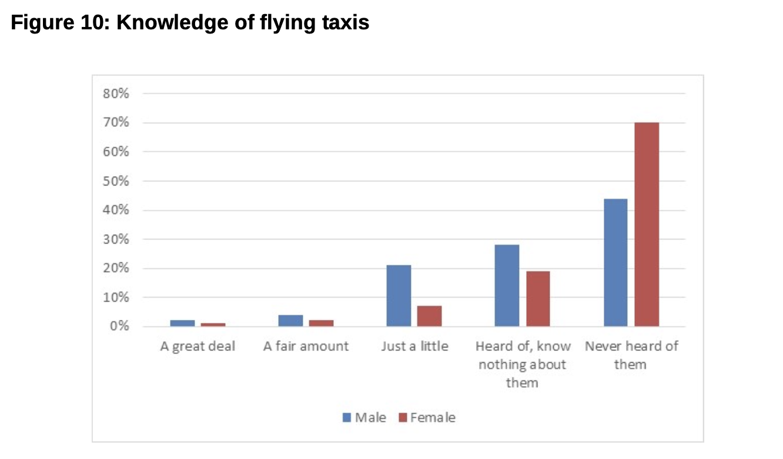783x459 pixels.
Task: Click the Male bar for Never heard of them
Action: coord(615,262)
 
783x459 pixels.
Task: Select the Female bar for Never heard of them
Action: coord(647,224)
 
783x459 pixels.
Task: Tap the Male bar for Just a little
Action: coord(399,296)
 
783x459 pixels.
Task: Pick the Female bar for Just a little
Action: coord(429,316)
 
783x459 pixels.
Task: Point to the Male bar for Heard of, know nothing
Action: coord(507,285)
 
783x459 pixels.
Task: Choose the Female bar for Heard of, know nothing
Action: coord(538,299)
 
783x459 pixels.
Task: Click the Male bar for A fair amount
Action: coord(290,320)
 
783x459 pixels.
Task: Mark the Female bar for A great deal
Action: coord(213,325)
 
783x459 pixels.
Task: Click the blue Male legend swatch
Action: coord(347,418)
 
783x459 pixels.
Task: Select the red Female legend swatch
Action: coord(403,418)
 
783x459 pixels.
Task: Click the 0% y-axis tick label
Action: coord(121,327)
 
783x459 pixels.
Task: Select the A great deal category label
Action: coord(198,346)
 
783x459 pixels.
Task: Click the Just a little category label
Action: coord(414,346)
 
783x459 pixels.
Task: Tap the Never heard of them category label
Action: coord(631,355)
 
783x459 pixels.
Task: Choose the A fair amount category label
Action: coord(306,346)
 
